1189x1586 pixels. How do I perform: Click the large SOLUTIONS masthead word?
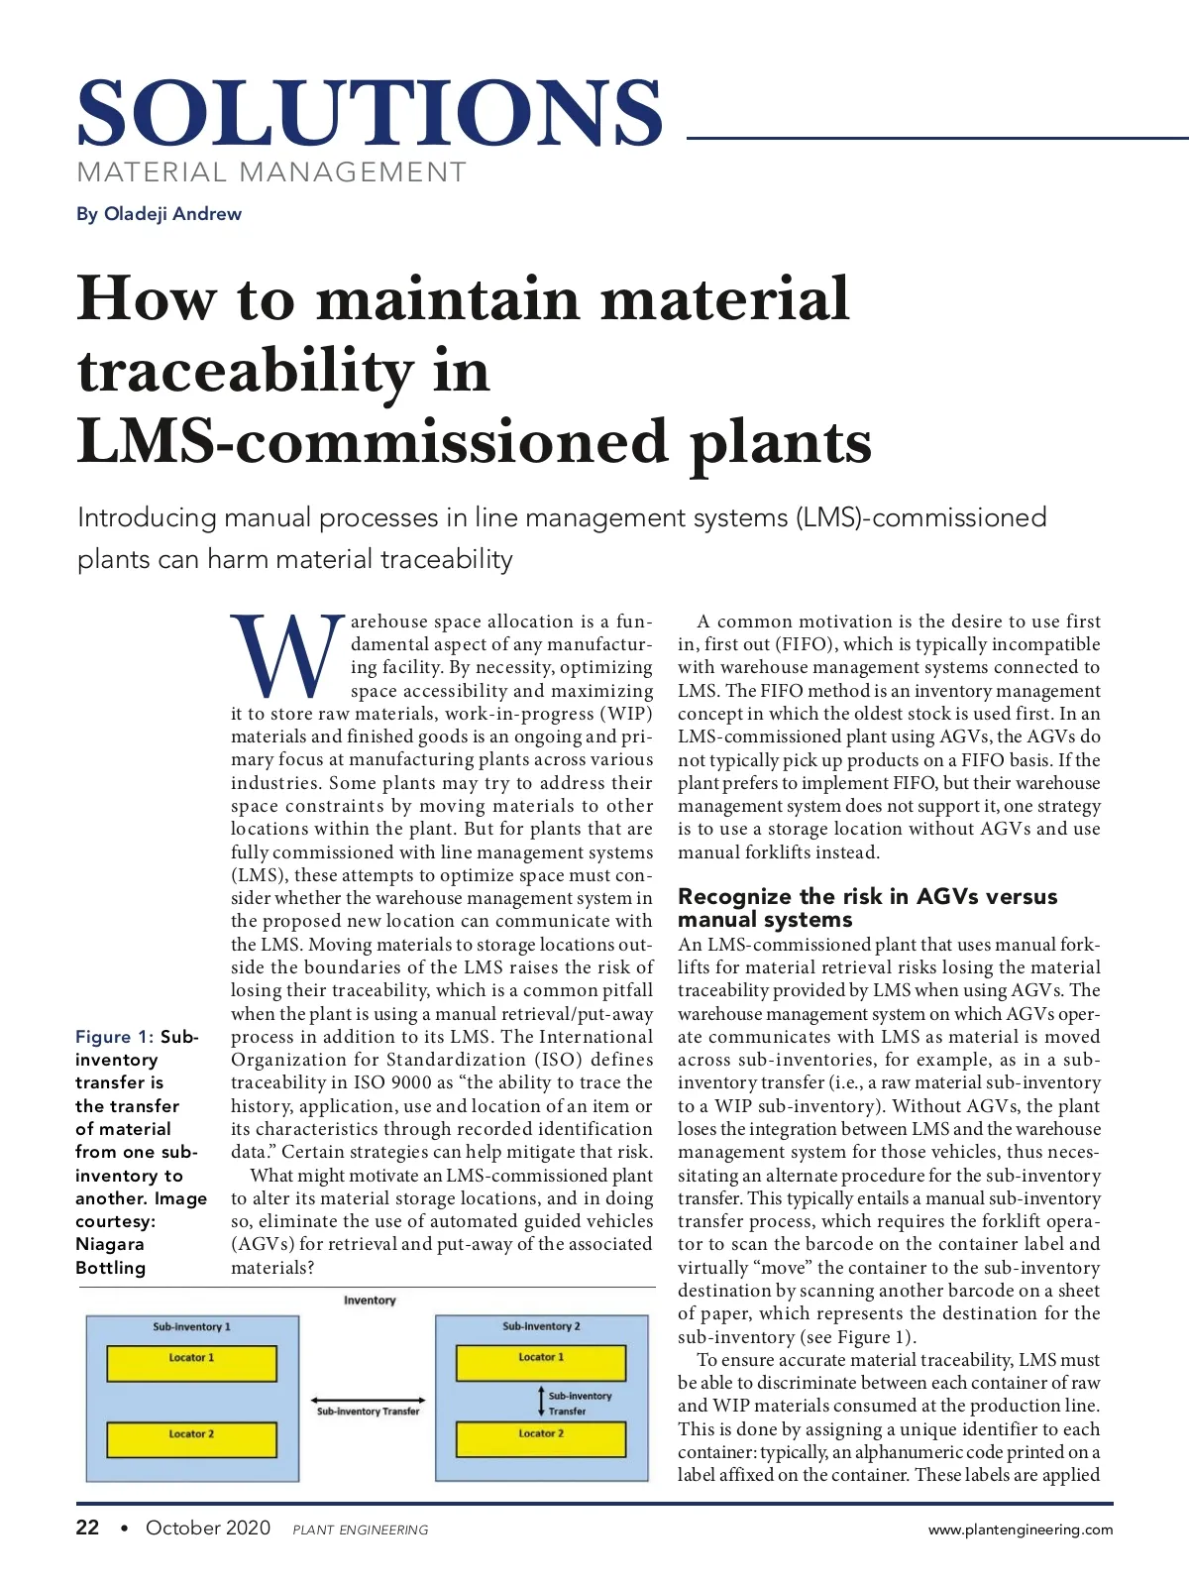pos(369,113)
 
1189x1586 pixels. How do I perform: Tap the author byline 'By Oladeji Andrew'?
pos(159,214)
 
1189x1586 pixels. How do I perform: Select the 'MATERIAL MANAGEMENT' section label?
pos(271,172)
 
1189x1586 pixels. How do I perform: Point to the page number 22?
pos(87,1528)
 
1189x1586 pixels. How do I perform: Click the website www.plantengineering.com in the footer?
pos(1020,1529)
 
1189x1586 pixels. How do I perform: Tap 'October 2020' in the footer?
pos(208,1528)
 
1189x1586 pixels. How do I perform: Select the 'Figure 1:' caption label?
pos(114,1037)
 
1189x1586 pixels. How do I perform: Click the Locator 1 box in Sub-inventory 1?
pos(191,1364)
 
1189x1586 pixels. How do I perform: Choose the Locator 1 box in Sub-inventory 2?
pos(541,1363)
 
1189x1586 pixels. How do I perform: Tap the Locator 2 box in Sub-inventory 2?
pos(541,1439)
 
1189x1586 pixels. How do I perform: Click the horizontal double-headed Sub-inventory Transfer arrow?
pos(368,1401)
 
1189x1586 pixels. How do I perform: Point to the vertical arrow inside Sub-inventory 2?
pos(541,1401)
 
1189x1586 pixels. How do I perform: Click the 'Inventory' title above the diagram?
pos(370,1301)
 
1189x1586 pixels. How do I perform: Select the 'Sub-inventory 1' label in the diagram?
pos(191,1326)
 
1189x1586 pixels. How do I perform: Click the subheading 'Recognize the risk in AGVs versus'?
pos(867,896)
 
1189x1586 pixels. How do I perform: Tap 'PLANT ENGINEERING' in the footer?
pos(361,1530)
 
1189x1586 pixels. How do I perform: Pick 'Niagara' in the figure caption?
pos(110,1244)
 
